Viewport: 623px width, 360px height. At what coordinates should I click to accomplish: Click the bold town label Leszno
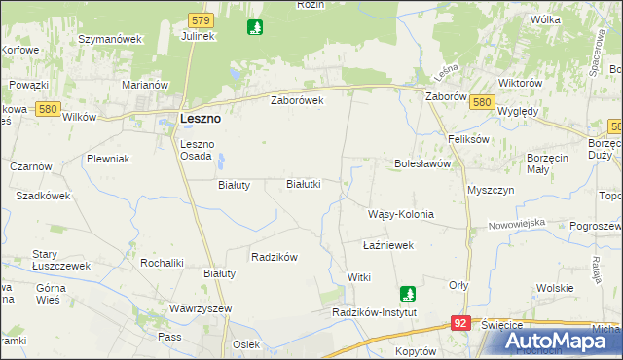201,118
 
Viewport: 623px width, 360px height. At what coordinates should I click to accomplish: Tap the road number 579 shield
201,19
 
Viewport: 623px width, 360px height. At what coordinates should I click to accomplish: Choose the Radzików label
274,257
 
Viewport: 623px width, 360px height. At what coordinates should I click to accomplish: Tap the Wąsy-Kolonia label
399,214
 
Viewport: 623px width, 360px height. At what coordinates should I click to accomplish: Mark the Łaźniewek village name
388,246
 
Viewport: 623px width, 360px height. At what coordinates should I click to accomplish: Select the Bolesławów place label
422,163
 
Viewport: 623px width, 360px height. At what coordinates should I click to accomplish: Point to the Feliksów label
466,139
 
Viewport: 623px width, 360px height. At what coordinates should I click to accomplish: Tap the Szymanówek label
110,39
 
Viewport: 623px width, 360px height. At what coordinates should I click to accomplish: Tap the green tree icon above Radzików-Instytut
410,292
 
